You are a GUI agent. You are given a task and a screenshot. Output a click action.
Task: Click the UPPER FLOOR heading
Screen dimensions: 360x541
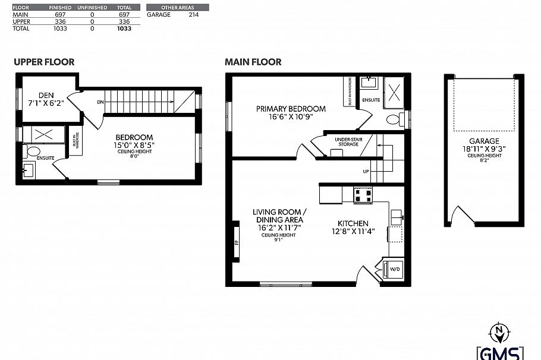pyautogui.click(x=44, y=62)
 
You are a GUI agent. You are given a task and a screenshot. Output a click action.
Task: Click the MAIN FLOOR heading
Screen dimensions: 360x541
pyautogui.click(x=253, y=62)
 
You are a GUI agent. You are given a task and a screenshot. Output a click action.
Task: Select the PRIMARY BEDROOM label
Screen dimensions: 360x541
pyautogui.click(x=291, y=109)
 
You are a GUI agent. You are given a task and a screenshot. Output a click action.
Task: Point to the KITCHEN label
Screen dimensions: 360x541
pyautogui.click(x=353, y=223)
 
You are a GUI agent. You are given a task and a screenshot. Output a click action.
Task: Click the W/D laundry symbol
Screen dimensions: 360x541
pyautogui.click(x=394, y=270)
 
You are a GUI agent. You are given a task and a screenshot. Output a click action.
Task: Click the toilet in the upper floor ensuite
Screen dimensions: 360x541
pyautogui.click(x=33, y=151)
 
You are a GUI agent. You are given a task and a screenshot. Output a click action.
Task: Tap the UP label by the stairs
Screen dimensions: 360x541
pyautogui.click(x=366, y=172)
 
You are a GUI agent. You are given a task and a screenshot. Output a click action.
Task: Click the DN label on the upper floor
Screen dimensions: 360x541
pyautogui.click(x=99, y=102)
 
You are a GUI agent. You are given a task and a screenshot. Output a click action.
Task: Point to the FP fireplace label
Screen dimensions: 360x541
pyautogui.click(x=236, y=242)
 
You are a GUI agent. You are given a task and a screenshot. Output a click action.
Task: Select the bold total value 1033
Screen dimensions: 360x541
pyautogui.click(x=124, y=28)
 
